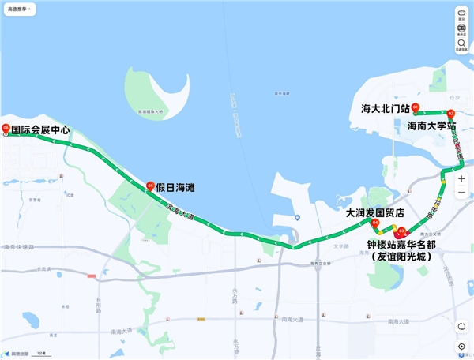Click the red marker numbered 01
(415, 106)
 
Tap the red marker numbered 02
(451, 113)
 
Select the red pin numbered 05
(150, 186)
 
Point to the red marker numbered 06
(6, 128)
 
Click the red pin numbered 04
(376, 223)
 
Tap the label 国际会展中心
(40, 129)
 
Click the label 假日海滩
(175, 188)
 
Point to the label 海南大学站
(432, 126)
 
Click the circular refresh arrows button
(461, 326)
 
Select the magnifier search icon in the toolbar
(461, 43)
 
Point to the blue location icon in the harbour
(295, 217)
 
